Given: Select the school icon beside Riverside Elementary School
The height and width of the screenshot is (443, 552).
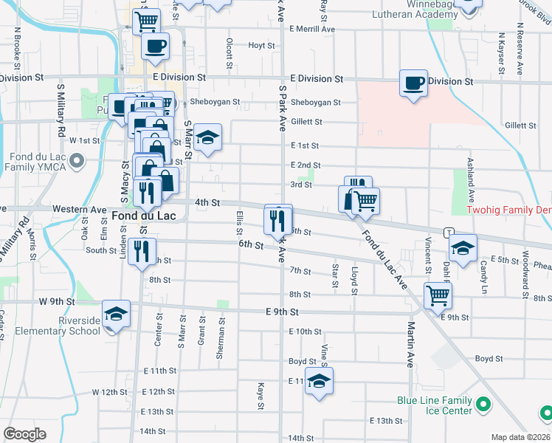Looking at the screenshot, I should click(x=117, y=315).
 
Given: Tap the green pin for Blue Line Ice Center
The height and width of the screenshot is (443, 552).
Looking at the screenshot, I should click(x=483, y=405).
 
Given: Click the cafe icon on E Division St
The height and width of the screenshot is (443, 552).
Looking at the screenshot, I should click(x=414, y=82).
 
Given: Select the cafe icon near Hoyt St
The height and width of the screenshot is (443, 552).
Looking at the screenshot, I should click(x=155, y=47).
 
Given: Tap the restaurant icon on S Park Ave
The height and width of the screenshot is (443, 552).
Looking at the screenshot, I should click(x=278, y=219).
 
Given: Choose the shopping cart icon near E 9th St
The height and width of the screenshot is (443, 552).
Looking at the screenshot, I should click(x=438, y=295).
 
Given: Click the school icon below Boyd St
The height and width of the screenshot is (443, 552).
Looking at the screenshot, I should click(x=319, y=381).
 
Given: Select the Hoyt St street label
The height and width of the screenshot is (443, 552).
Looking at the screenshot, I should click(x=261, y=45).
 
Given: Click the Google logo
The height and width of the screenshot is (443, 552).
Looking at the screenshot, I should click(x=24, y=434).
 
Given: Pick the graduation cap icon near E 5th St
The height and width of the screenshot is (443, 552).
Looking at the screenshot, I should click(x=463, y=248).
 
